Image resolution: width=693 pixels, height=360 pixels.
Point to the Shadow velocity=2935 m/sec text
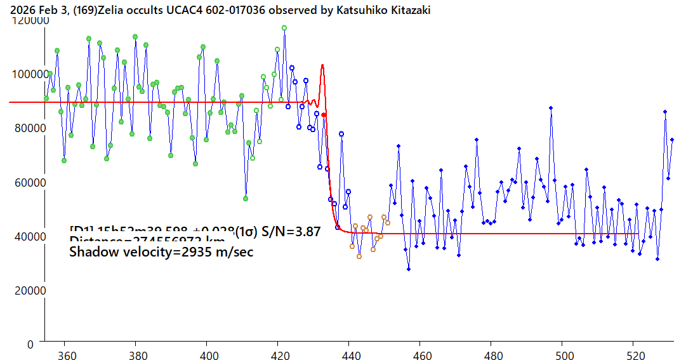tap(161, 252)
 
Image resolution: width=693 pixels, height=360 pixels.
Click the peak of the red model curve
tap(322, 65)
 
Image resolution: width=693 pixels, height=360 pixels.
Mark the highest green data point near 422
tap(284, 28)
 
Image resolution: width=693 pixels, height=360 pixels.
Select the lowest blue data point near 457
tap(409, 269)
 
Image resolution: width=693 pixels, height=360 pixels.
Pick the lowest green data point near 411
tap(246, 199)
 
